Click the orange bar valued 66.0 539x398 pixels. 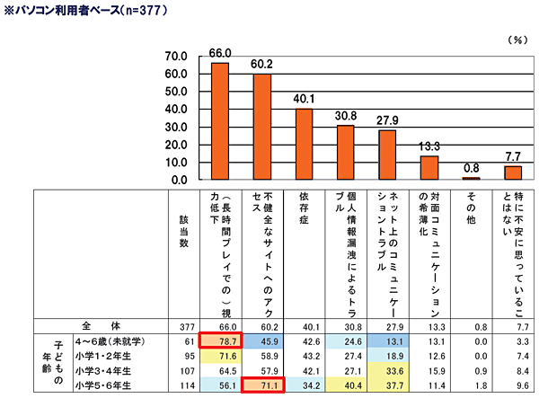pyautogui.click(x=219, y=121)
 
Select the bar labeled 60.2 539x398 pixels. pyautogui.click(x=262, y=127)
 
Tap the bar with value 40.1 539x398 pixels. pyautogui.click(x=304, y=145)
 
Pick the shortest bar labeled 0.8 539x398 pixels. pyautogui.click(x=471, y=179)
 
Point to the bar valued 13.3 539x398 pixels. pyautogui.click(x=429, y=168)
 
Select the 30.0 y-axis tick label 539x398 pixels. pyautogui.click(x=173, y=128)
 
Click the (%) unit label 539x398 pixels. pyautogui.click(x=518, y=40)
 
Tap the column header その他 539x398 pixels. pyautogui.click(x=472, y=208)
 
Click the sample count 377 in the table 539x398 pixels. pyautogui.click(x=185, y=326)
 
